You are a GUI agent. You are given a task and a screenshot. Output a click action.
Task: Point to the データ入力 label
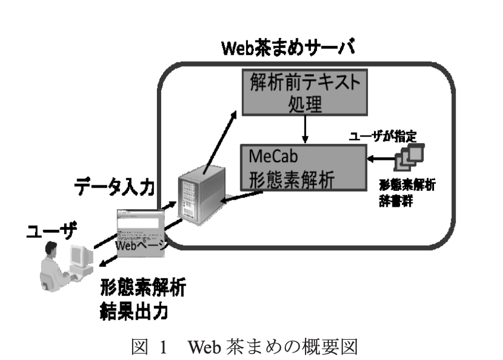coord(114,188)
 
